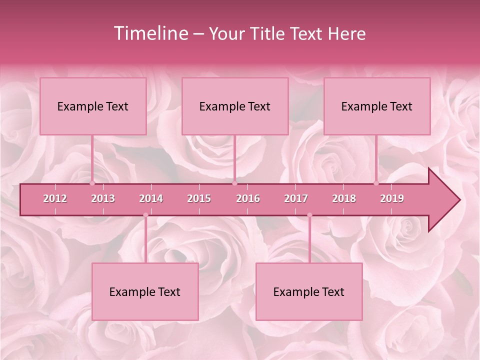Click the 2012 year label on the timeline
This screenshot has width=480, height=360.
(55, 198)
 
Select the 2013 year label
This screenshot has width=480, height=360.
(103, 198)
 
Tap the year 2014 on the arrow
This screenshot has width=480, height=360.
(151, 198)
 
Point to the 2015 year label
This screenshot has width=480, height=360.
(199, 198)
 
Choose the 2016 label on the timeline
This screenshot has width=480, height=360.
(248, 198)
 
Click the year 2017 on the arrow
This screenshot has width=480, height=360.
(296, 198)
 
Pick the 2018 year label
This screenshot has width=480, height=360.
(344, 198)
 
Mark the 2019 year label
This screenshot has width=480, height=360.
(392, 198)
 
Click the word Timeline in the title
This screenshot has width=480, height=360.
(150, 33)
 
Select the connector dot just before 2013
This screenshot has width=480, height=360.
(92, 183)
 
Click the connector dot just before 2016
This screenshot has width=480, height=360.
(234, 183)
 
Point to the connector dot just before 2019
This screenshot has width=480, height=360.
(376, 183)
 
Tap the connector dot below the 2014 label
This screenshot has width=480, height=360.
(145, 215)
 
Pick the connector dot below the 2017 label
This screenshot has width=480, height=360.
(309, 215)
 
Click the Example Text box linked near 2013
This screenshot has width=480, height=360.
(93, 106)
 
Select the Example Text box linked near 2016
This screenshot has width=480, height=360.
(235, 106)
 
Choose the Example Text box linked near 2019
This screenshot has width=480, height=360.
(377, 106)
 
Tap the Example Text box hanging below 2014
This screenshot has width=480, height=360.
(145, 291)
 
